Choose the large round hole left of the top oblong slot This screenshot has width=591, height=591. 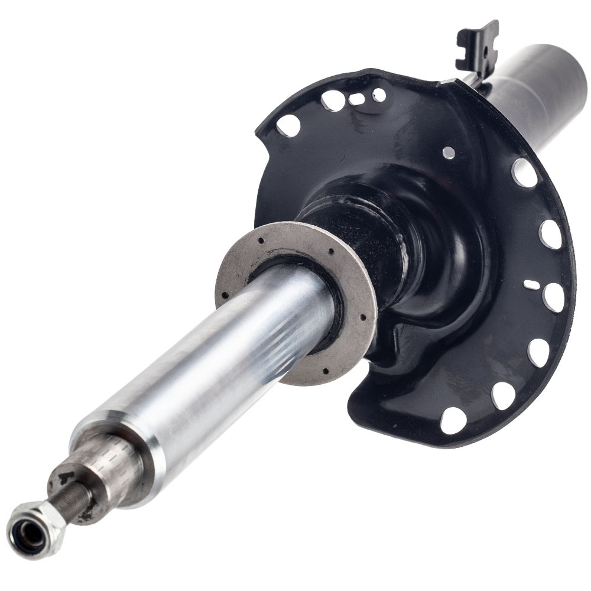(x=333, y=101)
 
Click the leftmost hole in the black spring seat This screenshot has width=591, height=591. (x=288, y=125)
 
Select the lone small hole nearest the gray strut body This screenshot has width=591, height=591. (x=449, y=152)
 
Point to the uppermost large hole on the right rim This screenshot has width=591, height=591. (x=524, y=172)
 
